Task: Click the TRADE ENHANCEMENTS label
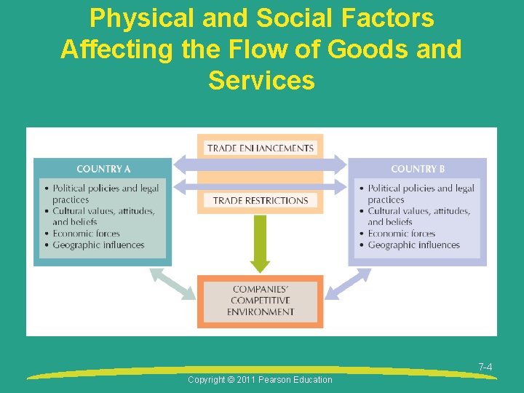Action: tap(260, 148)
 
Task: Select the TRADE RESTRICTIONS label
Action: tap(260, 200)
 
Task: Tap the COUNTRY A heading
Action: tap(103, 169)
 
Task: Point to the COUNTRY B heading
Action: tap(418, 169)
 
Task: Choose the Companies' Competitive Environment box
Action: tap(260, 300)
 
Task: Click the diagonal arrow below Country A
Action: tap(172, 283)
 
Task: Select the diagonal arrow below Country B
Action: tap(348, 283)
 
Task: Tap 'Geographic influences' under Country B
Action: tap(413, 245)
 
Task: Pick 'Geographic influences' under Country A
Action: tap(98, 245)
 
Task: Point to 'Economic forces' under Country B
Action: tap(401, 234)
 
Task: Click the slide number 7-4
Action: tap(485, 368)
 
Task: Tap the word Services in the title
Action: tap(261, 80)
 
